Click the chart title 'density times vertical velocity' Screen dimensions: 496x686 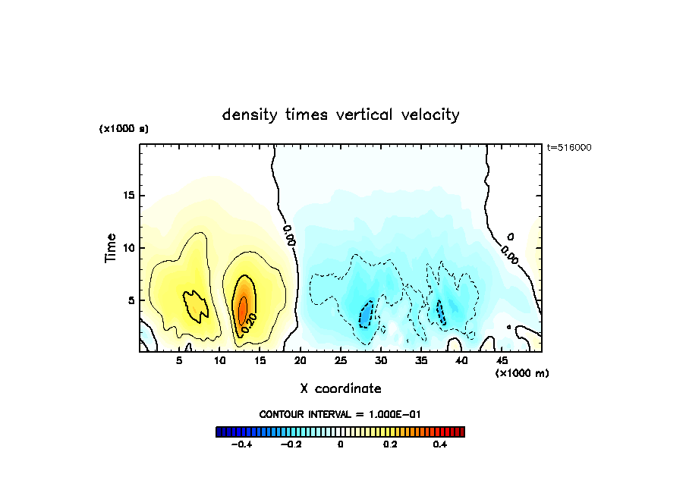tap(341, 115)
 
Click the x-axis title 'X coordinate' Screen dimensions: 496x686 tap(341, 388)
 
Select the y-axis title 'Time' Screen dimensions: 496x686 tap(111, 248)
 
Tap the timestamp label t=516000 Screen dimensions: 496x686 tap(569, 148)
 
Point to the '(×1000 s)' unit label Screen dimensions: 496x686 tap(124, 129)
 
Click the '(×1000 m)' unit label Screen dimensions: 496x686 tap(522, 373)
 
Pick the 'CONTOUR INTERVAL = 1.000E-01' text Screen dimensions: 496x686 tap(340, 414)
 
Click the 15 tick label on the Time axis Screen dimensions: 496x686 tap(129, 196)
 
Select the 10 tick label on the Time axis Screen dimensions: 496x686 tap(129, 248)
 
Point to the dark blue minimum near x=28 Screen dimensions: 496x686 tap(366, 313)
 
